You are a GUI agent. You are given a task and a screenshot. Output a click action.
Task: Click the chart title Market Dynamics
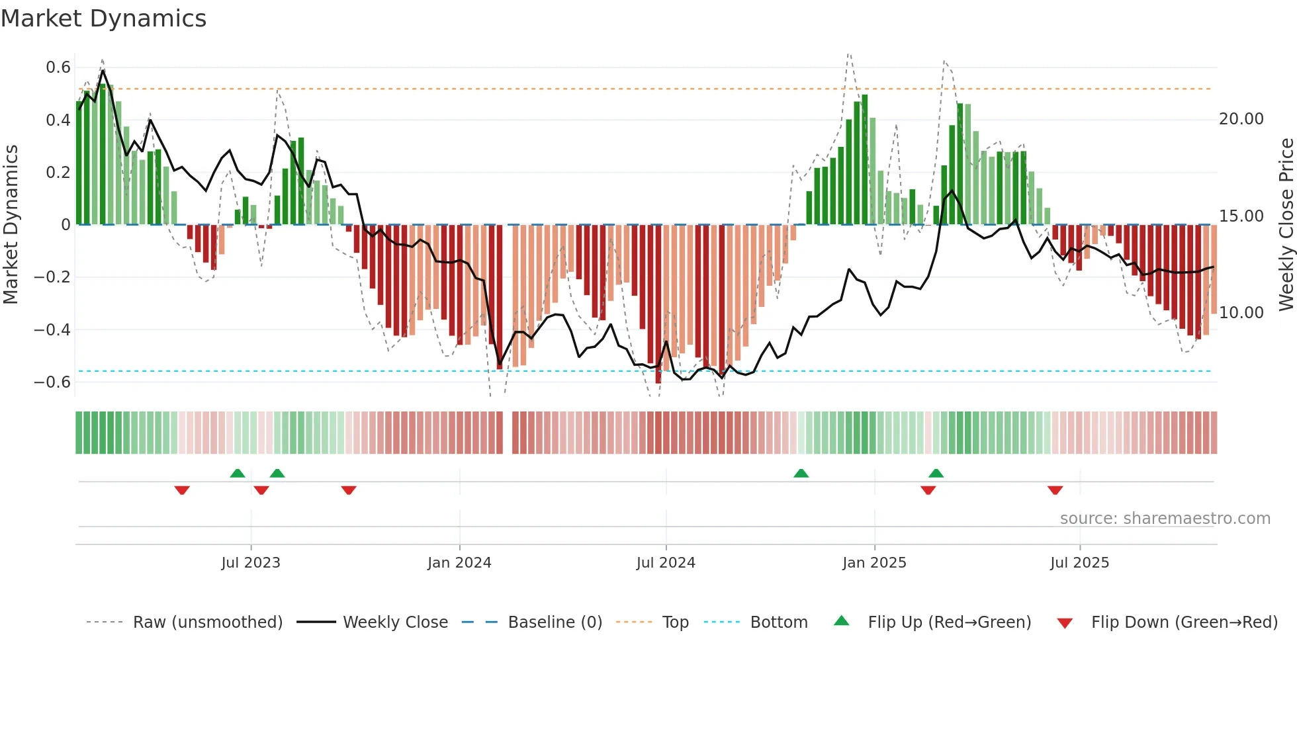pos(103,19)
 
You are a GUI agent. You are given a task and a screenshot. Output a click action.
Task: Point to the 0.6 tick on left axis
pos(58,67)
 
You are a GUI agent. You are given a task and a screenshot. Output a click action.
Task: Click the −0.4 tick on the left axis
pos(52,329)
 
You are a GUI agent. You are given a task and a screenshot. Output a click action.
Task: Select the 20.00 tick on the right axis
pos(1241,119)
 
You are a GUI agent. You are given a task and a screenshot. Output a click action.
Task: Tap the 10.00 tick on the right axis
pos(1241,313)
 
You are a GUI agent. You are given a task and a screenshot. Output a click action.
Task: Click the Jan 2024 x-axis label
pos(459,563)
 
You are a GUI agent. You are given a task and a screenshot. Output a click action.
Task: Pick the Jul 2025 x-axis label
pos(1079,563)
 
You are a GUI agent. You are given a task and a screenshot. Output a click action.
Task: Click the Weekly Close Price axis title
pos(1286,224)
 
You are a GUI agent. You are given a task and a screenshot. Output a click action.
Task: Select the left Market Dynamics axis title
pos(11,224)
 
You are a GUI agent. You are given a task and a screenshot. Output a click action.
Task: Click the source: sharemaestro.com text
pos(1165,519)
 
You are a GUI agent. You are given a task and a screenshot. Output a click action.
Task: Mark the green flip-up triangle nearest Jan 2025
pos(936,474)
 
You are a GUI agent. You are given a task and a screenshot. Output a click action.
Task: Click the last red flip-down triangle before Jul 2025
pos(1055,490)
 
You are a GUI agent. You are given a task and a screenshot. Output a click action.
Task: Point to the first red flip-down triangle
pos(182,490)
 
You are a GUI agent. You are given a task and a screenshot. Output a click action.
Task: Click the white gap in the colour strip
pos(508,433)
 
